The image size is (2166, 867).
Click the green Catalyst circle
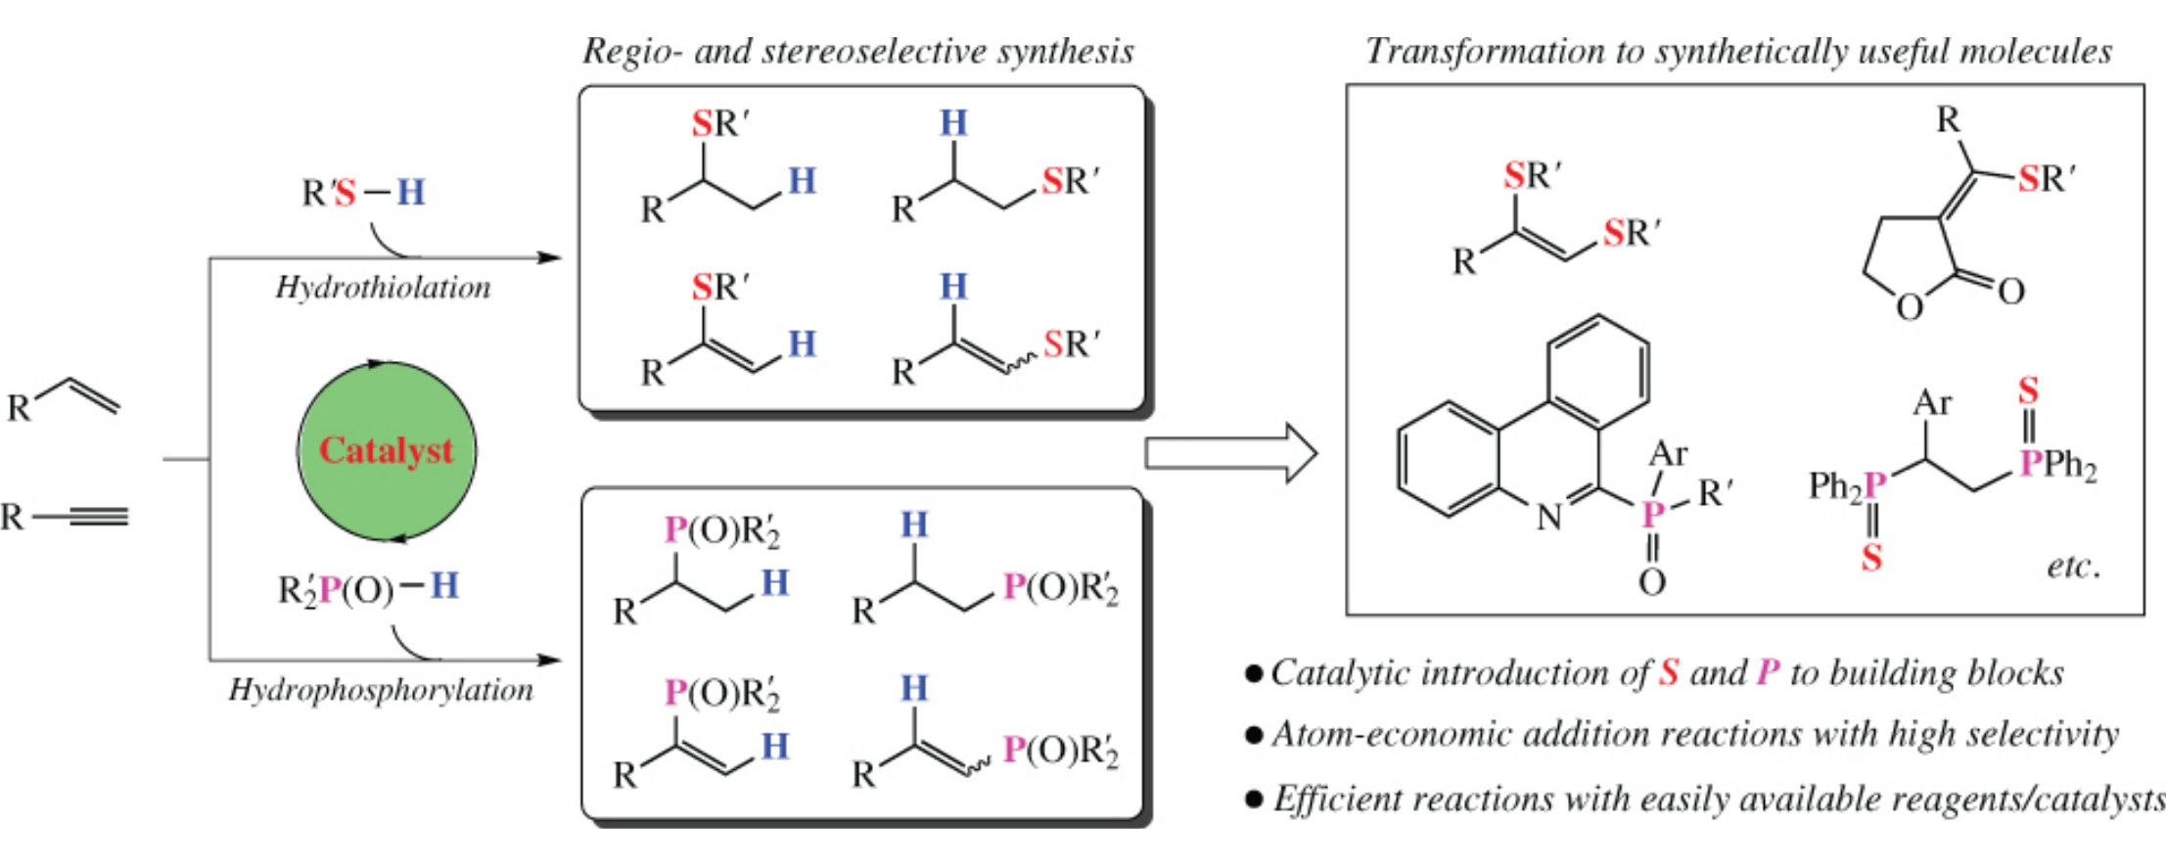[387, 451]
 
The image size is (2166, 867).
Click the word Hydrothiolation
[383, 288]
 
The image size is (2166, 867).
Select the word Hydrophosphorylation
[381, 690]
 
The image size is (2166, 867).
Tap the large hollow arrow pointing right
[1231, 453]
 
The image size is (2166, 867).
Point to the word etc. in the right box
[2073, 567]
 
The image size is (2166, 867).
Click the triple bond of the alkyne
[98, 516]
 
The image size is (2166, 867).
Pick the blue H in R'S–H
[411, 192]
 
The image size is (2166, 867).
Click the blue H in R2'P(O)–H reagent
[444, 585]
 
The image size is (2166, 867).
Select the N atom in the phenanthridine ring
[1548, 518]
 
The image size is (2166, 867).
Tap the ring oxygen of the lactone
[1909, 307]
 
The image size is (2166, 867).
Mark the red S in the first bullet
[1669, 672]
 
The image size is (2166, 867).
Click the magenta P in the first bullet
[1768, 672]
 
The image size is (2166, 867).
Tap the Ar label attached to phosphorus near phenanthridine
[1668, 454]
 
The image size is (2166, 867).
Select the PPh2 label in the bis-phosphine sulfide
[2058, 464]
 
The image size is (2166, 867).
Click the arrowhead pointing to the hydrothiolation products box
[550, 258]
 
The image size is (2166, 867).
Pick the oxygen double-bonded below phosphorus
[1652, 582]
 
